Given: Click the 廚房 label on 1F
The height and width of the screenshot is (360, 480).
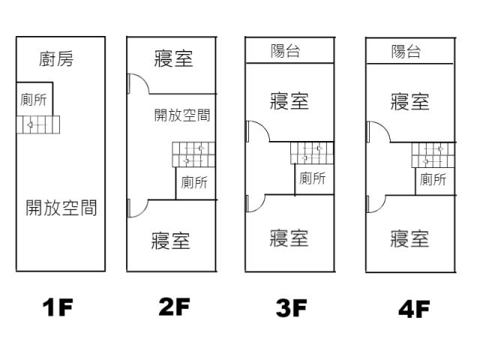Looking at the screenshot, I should [57, 58].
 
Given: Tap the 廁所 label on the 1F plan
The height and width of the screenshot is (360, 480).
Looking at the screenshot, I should [34, 101].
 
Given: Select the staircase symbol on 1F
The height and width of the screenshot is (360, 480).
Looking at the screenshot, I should [37, 125].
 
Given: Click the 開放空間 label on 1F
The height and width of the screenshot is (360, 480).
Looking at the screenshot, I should [61, 208].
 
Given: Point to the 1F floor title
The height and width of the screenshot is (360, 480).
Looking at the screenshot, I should [58, 307].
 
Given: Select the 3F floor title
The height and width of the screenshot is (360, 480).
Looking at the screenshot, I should [289, 307].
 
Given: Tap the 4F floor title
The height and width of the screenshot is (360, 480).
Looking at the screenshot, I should [412, 308].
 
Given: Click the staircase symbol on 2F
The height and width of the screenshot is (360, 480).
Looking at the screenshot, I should [193, 154].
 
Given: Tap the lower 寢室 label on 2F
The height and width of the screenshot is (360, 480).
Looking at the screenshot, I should [171, 241].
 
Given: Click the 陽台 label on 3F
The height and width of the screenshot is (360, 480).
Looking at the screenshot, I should [286, 50].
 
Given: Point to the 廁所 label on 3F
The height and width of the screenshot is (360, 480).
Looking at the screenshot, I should [313, 178].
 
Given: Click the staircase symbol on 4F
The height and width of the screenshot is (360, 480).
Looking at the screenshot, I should [433, 155].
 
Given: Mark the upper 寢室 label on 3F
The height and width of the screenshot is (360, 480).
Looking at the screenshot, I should [289, 100].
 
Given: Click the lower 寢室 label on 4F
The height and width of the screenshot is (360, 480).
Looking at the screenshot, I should [410, 238].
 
